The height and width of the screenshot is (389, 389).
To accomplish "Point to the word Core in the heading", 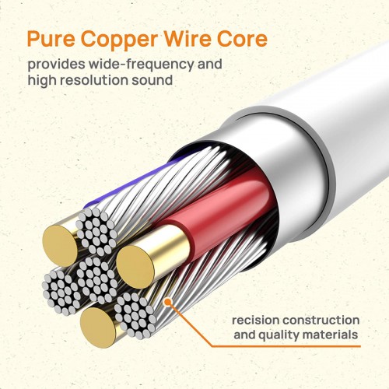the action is coord(242,39).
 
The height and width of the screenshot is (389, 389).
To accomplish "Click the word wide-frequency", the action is coord(142,65).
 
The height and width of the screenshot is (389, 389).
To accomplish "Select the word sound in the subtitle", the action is coord(152,79).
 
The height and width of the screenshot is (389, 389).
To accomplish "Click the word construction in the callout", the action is coord(321,321).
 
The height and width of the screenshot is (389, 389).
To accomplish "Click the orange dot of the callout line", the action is coord(168,302).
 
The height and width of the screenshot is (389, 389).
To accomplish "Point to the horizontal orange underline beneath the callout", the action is coord(286,346).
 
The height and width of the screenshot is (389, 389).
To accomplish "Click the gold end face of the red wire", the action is coord(135,267).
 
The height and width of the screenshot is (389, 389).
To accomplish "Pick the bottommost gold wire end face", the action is coord(98,328).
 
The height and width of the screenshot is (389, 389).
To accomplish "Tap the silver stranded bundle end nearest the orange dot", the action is coord(135,315).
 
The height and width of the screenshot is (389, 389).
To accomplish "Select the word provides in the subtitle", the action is coord(56,65).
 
